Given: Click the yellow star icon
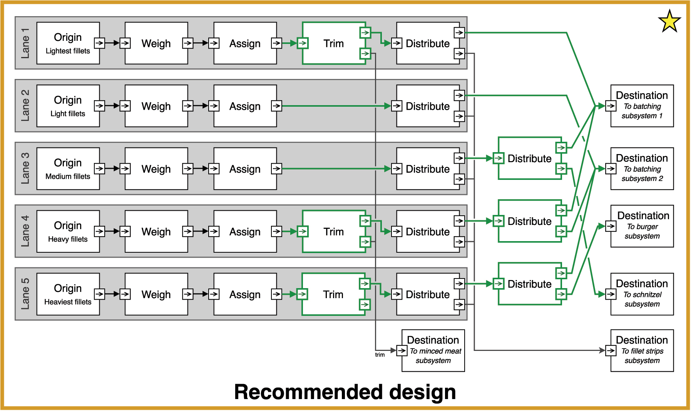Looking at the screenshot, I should tap(669, 22).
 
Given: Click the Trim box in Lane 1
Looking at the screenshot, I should tap(333, 43).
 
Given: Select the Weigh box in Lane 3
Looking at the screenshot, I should tap(156, 169).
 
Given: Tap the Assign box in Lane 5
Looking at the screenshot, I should tap(245, 294).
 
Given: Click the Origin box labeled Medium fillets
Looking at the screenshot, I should tap(68, 169).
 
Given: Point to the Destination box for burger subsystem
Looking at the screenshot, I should tap(642, 226).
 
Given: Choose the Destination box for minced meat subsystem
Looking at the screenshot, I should tap(433, 351).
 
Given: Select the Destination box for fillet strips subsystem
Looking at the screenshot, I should tap(642, 351).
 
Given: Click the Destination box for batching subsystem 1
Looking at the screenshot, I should tap(642, 106).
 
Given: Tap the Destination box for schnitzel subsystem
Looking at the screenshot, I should tap(642, 294).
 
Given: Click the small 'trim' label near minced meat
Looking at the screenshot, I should tap(380, 355).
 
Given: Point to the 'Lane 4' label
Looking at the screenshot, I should tap(25, 231).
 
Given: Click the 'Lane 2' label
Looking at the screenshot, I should tap(25, 106).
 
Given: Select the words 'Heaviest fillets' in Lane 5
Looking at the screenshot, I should tap(68, 302).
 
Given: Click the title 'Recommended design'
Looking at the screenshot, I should tap(345, 392).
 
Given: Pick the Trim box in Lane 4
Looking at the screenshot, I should tap(333, 232).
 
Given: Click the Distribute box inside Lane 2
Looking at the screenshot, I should tap(428, 106).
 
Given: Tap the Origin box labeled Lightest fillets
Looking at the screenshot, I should tap(68, 43).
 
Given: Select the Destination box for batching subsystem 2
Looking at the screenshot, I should tap(642, 169).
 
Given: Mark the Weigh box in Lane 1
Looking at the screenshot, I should tap(156, 43).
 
